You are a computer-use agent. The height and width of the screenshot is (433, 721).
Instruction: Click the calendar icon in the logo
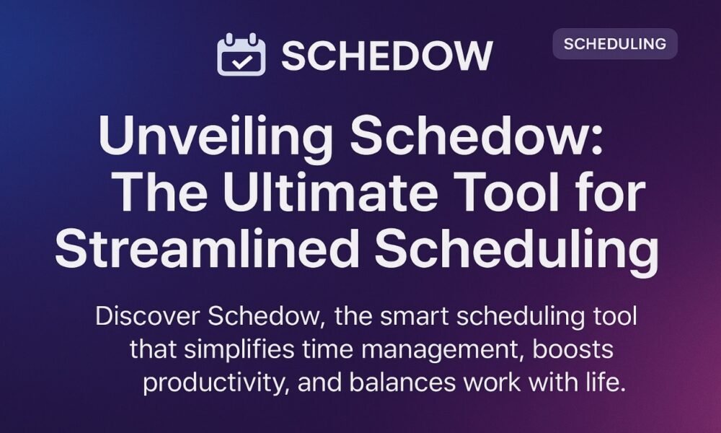click(x=241, y=56)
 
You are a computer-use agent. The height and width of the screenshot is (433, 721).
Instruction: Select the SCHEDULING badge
click(x=614, y=44)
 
